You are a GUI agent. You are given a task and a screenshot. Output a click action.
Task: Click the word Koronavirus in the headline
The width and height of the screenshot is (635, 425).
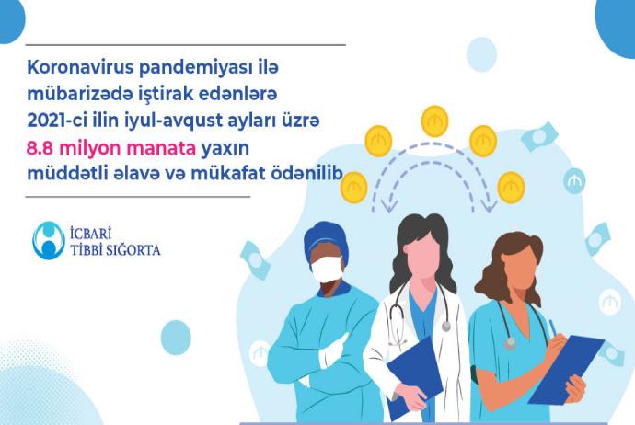click(80, 67)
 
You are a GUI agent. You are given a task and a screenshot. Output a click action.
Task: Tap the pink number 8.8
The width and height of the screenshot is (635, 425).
click(40, 148)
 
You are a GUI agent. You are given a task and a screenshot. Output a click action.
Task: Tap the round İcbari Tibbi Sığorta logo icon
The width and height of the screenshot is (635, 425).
click(49, 240)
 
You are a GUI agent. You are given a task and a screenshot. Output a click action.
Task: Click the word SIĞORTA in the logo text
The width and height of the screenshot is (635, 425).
click(133, 250)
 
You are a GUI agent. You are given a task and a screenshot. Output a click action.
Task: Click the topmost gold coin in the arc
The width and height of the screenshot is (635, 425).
click(435, 121)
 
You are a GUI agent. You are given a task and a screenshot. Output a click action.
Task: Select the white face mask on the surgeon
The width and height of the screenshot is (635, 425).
click(327, 270)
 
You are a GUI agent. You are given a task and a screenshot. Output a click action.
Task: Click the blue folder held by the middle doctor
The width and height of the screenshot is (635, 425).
click(415, 377)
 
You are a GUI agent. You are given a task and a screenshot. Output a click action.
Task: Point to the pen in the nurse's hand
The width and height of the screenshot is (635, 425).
click(553, 328)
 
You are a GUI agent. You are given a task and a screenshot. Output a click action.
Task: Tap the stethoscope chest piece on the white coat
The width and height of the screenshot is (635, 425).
click(445, 327)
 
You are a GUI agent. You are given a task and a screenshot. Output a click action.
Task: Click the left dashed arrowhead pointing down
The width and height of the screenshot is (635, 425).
click(388, 206)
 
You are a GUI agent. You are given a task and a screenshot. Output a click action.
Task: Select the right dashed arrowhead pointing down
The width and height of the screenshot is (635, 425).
click(490, 206)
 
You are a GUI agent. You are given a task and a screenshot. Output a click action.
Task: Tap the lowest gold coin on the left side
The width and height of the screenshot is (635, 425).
click(354, 188)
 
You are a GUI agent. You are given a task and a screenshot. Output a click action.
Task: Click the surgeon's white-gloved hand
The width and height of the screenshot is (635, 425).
click(333, 350)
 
